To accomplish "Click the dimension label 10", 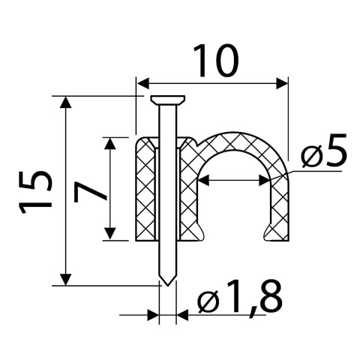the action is tap(216, 61).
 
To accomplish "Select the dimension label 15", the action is tap(35, 192).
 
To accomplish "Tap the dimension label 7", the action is tap(90, 192).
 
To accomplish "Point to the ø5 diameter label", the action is tap(325, 151).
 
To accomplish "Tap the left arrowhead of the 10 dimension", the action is tap(143, 83).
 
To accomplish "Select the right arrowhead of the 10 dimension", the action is tap(282, 83).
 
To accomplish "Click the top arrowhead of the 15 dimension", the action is tap(66, 102).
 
